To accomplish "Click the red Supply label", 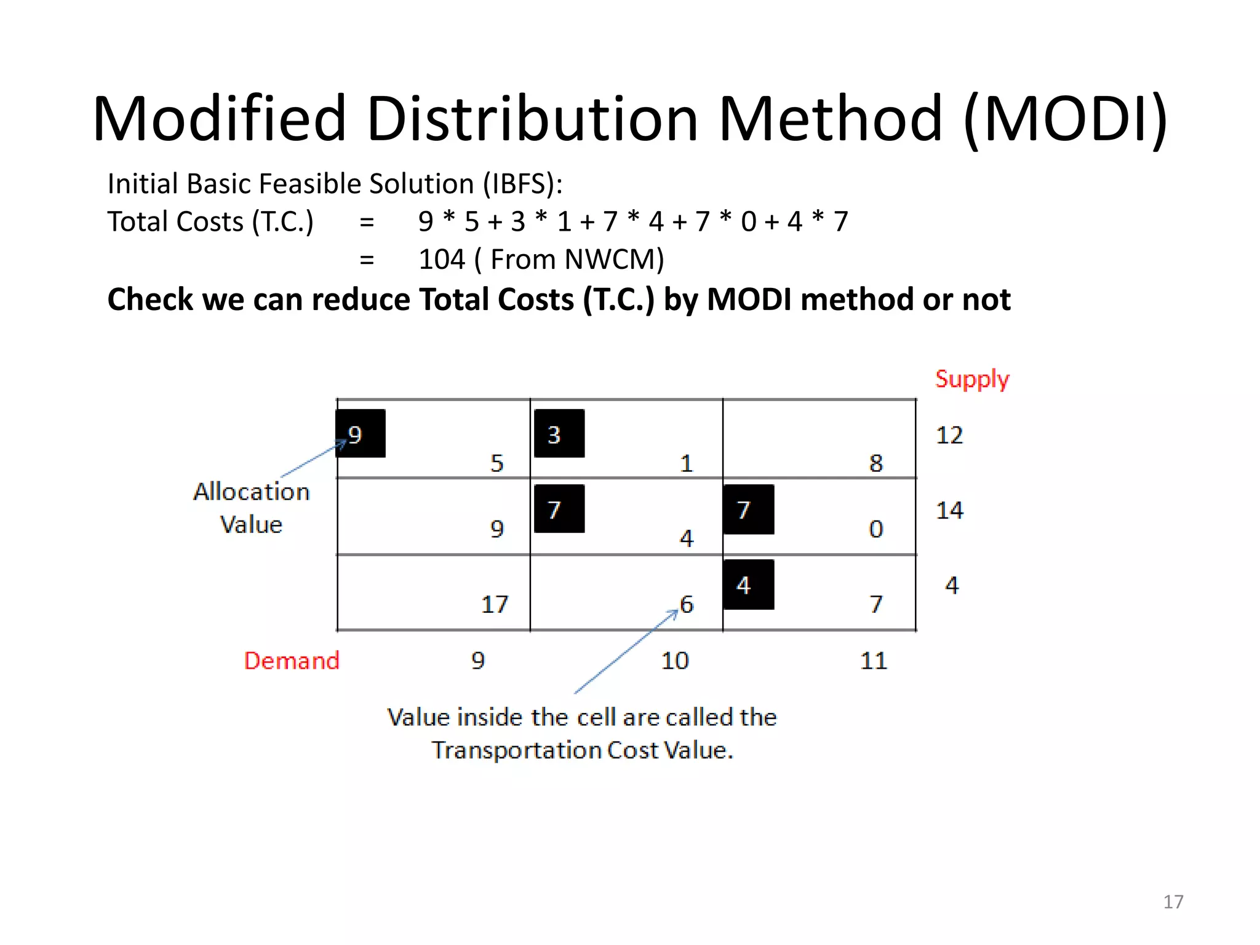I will [x=972, y=379].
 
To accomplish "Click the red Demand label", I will [x=292, y=661].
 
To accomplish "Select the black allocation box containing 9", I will [x=361, y=434].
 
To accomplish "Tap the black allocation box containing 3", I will [x=559, y=434].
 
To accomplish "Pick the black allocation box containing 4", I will [x=748, y=584].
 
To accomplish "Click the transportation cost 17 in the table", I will [x=495, y=604].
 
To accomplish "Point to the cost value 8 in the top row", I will [x=876, y=463].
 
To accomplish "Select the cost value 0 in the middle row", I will [x=876, y=528].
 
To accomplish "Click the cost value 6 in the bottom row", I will [x=687, y=604].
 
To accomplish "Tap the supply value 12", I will [x=949, y=435].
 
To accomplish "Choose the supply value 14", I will [x=949, y=510].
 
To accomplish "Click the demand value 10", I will [x=675, y=661].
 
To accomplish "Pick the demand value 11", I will [x=874, y=661].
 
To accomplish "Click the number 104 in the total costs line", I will [x=441, y=259].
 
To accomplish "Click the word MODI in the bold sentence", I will [x=749, y=300].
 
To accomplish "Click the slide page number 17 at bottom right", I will [x=1173, y=902].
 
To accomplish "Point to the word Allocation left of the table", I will [x=252, y=492].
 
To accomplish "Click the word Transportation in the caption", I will [x=516, y=751].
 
